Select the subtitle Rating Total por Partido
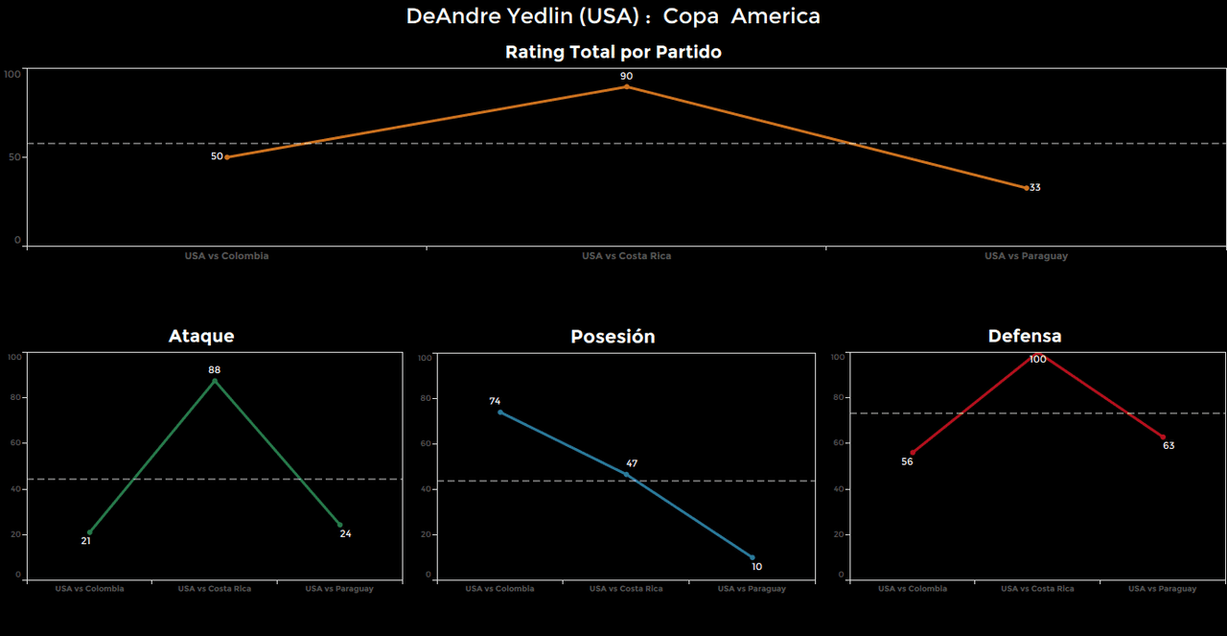[x=613, y=52]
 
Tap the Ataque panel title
[x=201, y=336]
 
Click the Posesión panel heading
[x=613, y=337]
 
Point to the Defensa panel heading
[x=1025, y=336]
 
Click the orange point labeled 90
[x=627, y=86]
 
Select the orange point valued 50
[x=227, y=157]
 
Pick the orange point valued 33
[x=1026, y=188]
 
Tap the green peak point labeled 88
[x=215, y=381]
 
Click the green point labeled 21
[x=90, y=532]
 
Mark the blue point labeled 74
[x=500, y=412]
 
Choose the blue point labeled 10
[x=752, y=557]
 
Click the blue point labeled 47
[x=626, y=474]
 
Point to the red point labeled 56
[x=913, y=453]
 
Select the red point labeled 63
[x=1163, y=437]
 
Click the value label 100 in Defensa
[x=1037, y=360]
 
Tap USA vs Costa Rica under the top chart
[x=626, y=256]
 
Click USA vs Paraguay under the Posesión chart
[x=752, y=589]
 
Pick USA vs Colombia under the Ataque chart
[x=90, y=589]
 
